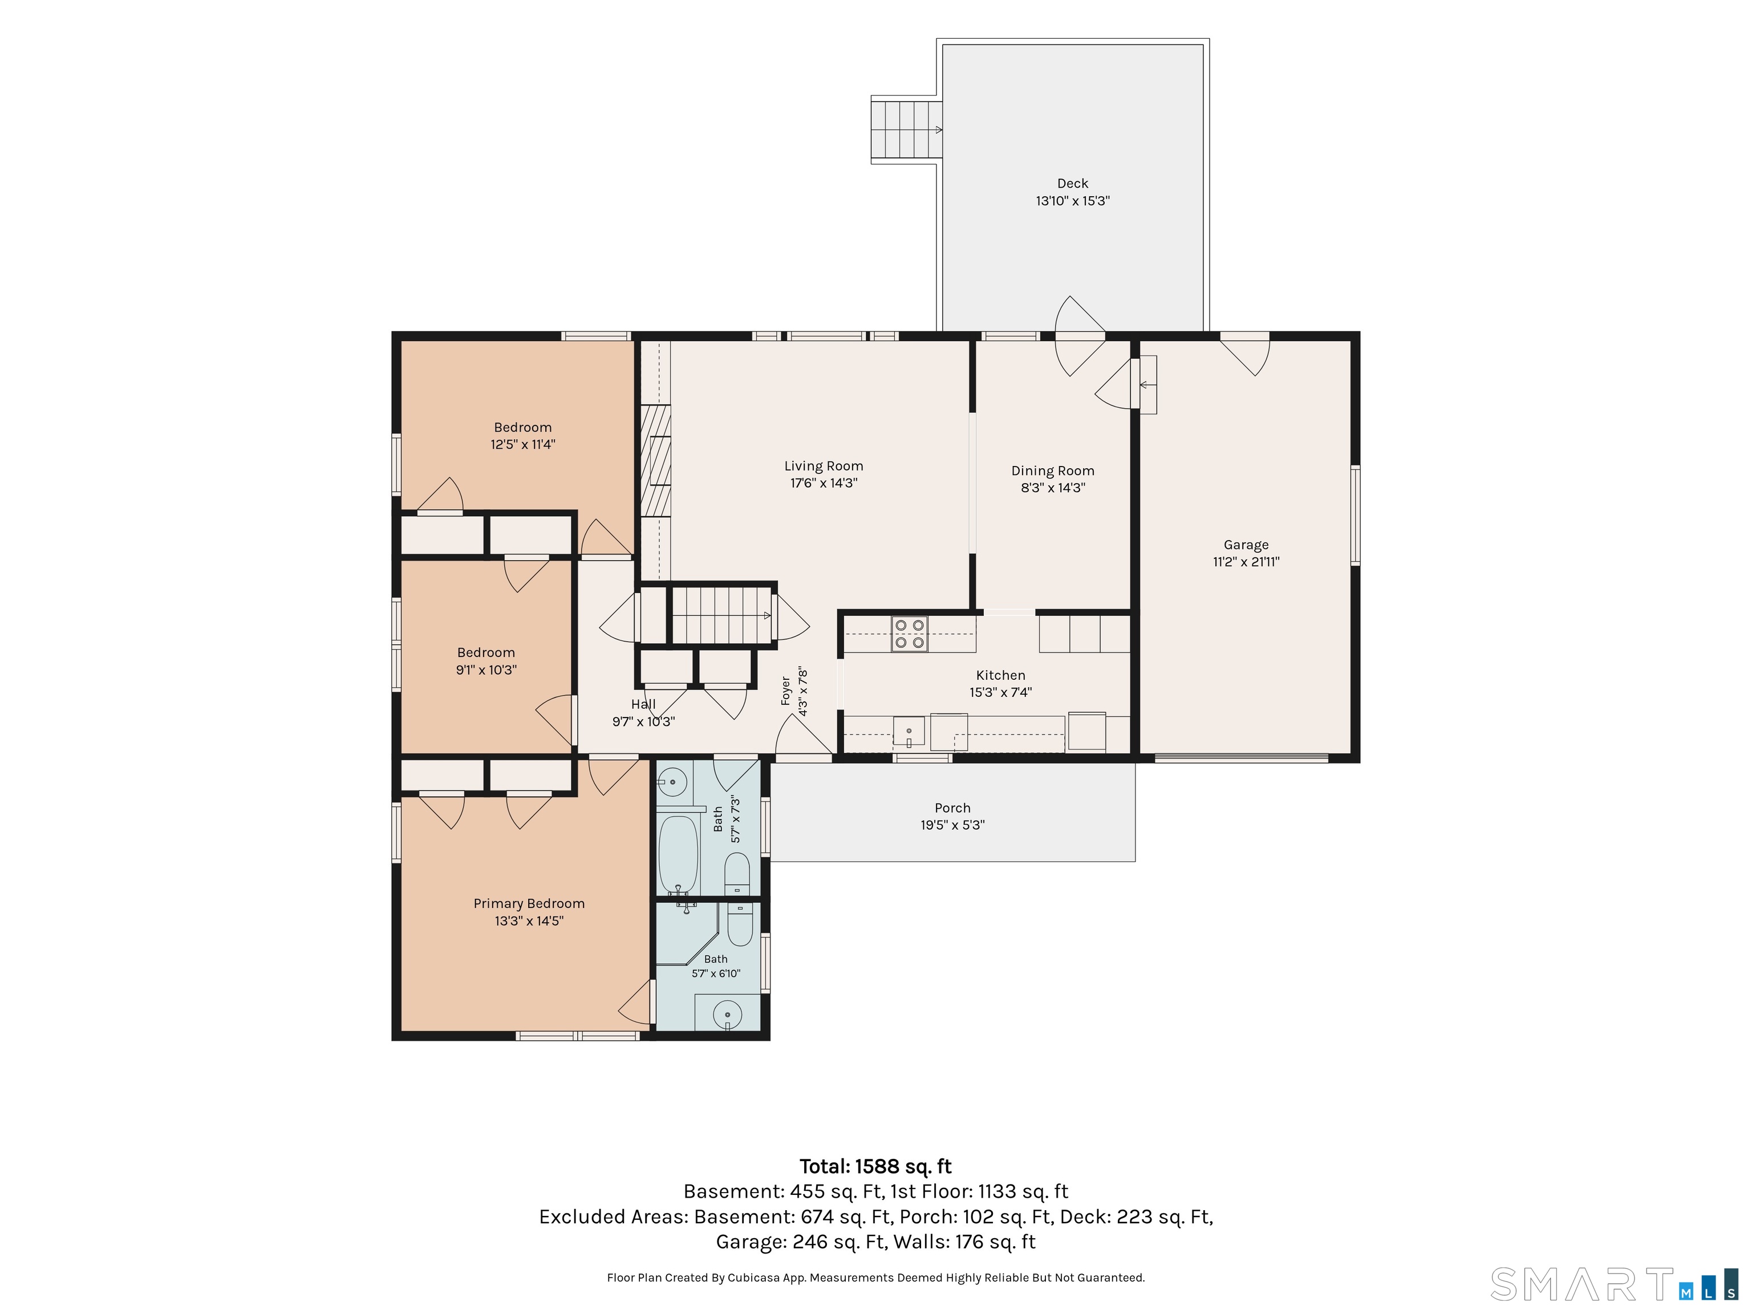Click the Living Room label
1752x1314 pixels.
point(824,466)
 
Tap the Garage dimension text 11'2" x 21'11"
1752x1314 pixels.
point(1246,562)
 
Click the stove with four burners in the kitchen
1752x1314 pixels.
point(909,634)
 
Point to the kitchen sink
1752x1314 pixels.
point(909,731)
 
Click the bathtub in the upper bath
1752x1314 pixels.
point(678,855)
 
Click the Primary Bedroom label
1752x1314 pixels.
point(529,904)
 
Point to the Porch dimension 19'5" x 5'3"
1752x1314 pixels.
point(952,825)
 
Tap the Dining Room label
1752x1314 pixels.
point(1053,471)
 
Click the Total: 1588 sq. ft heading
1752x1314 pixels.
point(875,1166)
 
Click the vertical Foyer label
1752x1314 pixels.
point(786,691)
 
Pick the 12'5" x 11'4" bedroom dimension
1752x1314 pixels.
point(523,444)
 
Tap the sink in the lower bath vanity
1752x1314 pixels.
point(727,1014)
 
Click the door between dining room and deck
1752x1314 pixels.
point(1080,336)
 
